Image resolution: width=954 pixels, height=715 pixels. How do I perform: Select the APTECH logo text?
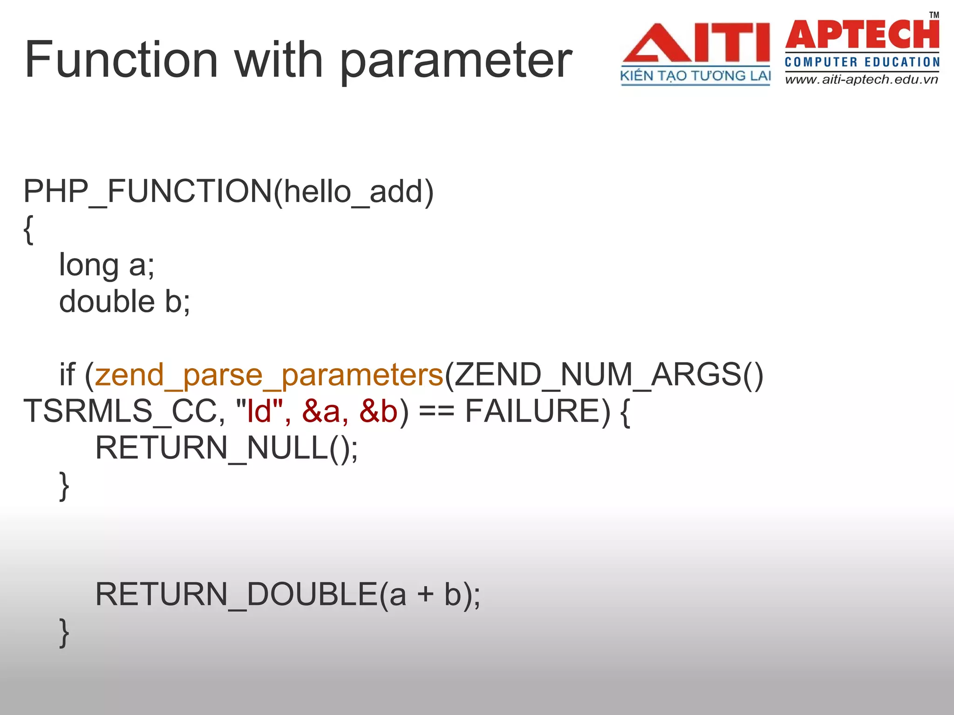pyautogui.click(x=862, y=34)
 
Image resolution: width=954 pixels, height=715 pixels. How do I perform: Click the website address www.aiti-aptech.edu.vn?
pyautogui.click(x=861, y=80)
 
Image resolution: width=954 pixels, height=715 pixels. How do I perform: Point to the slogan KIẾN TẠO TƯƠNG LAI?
pyautogui.click(x=695, y=76)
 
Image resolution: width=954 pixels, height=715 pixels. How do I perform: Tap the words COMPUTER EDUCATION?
pyautogui.click(x=862, y=62)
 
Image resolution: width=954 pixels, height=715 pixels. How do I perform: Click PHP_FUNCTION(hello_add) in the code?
pyautogui.click(x=228, y=191)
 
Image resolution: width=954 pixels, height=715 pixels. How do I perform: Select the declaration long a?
pyautogui.click(x=107, y=265)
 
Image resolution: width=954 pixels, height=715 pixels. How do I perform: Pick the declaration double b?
pyautogui.click(x=125, y=301)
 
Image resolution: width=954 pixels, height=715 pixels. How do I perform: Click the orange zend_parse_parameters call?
pyautogui.click(x=269, y=375)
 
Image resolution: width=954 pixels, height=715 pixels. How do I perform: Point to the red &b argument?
pyautogui.click(x=379, y=411)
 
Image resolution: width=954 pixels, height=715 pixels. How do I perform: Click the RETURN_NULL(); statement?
pyautogui.click(x=226, y=448)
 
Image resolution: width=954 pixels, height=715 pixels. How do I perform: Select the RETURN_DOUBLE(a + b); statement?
pyautogui.click(x=287, y=594)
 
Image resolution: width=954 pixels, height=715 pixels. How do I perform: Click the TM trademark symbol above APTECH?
pyautogui.click(x=934, y=15)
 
